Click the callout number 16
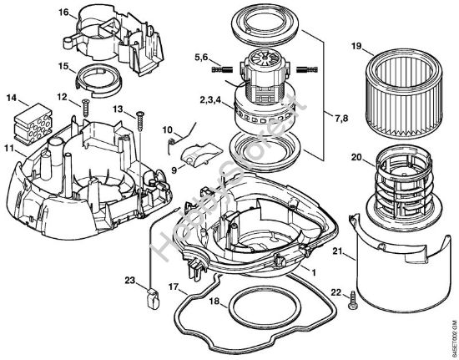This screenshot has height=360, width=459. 63,13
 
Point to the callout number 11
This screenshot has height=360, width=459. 9,149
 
